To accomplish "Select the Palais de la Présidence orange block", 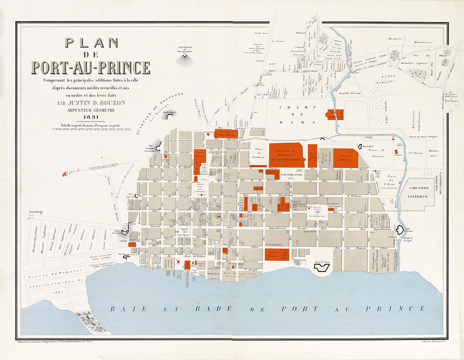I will tap(284, 153).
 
